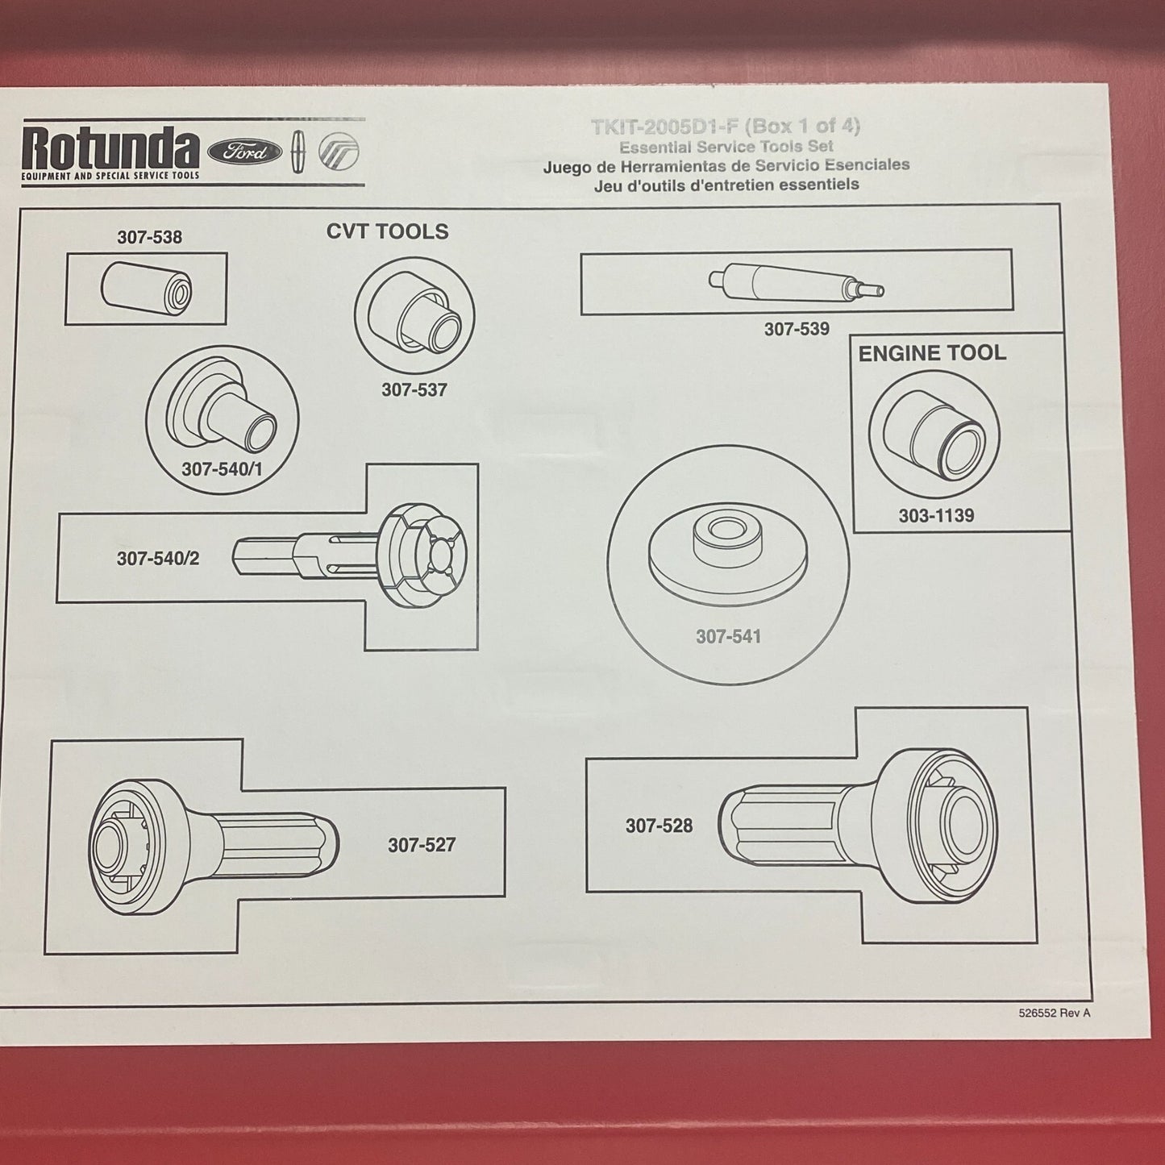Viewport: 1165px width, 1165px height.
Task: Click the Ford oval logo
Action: (244, 151)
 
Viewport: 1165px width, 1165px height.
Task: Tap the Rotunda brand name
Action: (110, 147)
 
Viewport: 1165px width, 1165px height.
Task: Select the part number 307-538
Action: (149, 237)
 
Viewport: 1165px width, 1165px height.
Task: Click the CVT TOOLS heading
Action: (388, 231)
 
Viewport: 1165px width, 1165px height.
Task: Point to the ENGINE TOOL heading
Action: (932, 354)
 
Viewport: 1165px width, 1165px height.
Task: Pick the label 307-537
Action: (414, 390)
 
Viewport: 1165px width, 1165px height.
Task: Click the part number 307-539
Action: (797, 329)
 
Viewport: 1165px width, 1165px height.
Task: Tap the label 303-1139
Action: (936, 516)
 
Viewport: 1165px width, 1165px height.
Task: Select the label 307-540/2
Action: (158, 558)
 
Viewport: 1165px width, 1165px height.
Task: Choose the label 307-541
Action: (728, 636)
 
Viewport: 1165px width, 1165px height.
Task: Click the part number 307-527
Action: (422, 845)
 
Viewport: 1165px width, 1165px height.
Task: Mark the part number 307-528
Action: (659, 826)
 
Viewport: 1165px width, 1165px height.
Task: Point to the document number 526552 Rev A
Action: (1055, 1013)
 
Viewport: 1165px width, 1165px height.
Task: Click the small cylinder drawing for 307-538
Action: (146, 288)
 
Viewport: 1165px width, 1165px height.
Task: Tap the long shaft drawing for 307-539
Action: (797, 282)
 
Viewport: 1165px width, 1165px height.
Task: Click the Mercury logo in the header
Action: (339, 151)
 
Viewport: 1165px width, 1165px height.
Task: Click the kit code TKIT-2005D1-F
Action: (665, 127)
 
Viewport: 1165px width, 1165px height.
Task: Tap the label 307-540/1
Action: (222, 469)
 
